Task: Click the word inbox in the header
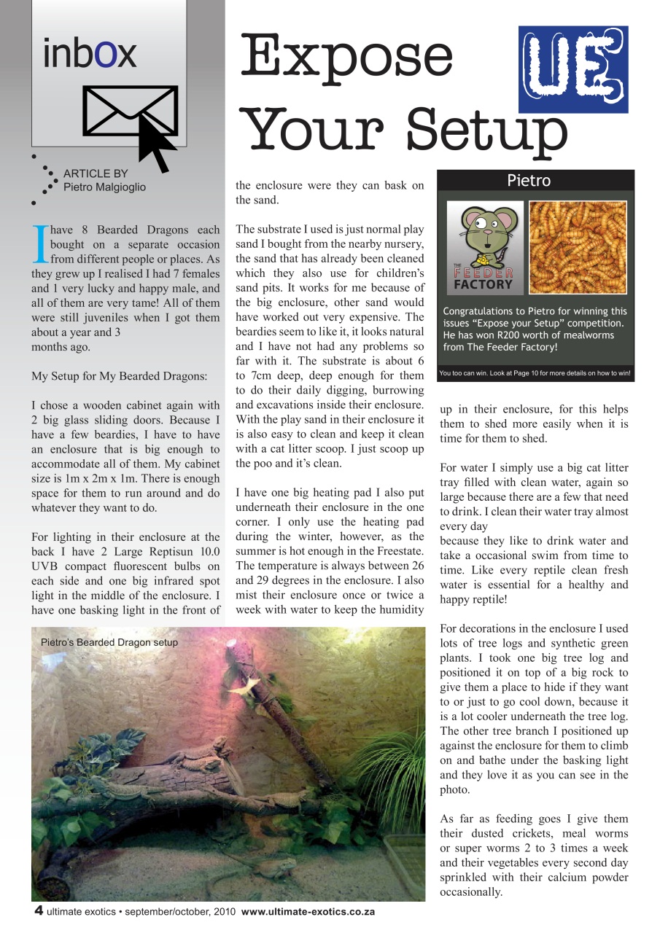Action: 90,53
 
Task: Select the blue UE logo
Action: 572,69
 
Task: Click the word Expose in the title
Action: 347,56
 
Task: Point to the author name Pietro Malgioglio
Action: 104,187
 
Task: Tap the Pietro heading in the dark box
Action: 529,180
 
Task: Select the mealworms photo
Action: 578,247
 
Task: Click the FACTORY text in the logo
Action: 483,284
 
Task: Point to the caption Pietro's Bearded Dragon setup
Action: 109,642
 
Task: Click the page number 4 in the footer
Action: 38,912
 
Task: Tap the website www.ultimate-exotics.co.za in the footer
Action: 308,913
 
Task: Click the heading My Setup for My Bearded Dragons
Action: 119,377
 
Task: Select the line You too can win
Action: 535,374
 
